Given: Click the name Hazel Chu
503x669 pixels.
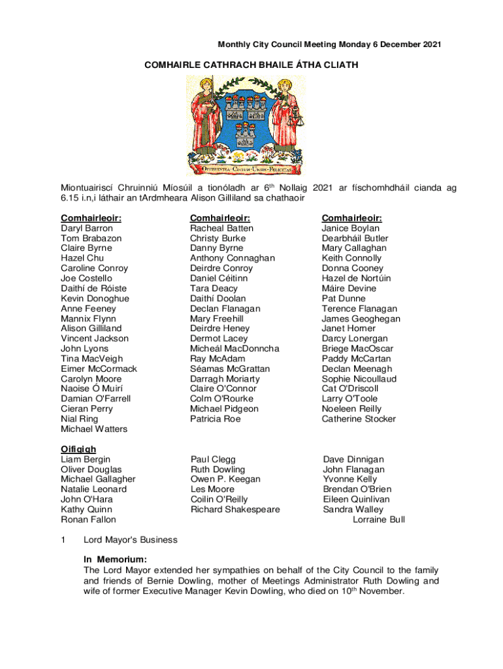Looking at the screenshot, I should click(78, 258).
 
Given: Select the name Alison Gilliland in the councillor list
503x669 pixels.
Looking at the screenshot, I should click(91, 329).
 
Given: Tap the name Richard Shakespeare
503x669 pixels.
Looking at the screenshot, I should click(235, 510).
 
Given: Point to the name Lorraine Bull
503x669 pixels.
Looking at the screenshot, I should click(379, 520).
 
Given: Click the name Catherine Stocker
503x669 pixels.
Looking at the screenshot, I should click(359, 419).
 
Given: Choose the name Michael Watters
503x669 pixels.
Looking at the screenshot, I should click(94, 429).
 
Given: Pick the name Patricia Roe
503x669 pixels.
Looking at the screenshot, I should click(216, 419).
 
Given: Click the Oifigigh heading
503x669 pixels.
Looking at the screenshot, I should click(78, 449).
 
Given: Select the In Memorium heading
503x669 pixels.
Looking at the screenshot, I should click(115, 560).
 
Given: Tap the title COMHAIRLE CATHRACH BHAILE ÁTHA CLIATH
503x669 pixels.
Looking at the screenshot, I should click(251, 65).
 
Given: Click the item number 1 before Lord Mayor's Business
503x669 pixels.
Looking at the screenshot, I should click(63, 540).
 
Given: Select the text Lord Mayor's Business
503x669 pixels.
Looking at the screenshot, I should click(131, 540).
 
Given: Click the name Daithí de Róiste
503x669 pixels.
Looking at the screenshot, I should click(93, 288).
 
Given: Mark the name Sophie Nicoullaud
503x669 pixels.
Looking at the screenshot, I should click(359, 379).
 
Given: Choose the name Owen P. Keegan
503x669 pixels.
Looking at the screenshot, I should click(225, 479).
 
